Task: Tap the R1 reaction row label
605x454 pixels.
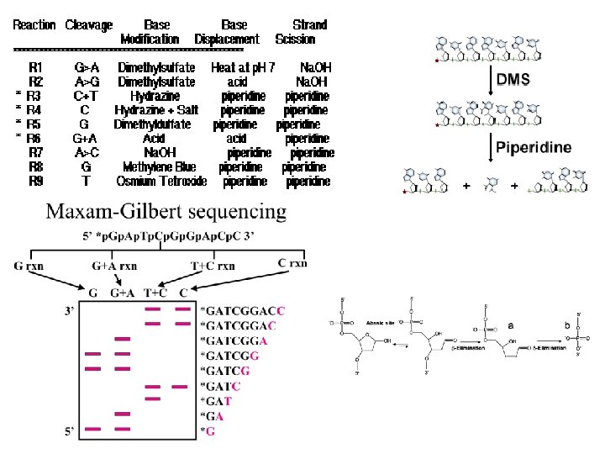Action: (x=36, y=66)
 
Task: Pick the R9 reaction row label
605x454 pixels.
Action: (x=36, y=181)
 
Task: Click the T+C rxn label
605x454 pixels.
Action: (x=213, y=267)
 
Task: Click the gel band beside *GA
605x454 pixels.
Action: (x=123, y=414)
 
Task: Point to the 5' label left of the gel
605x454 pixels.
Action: (x=72, y=431)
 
